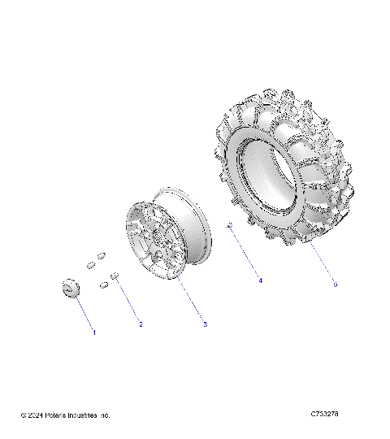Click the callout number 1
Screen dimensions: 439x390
click(x=94, y=332)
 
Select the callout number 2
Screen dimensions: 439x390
click(x=141, y=324)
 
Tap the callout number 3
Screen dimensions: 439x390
click(x=205, y=324)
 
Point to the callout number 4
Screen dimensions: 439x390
click(x=260, y=280)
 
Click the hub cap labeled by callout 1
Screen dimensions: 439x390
click(x=71, y=289)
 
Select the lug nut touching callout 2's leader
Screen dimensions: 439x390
click(x=115, y=278)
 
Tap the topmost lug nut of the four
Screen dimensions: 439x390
click(x=102, y=255)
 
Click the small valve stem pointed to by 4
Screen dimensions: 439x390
click(x=231, y=224)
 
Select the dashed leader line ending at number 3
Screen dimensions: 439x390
click(x=192, y=301)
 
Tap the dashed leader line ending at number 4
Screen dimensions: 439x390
click(x=246, y=254)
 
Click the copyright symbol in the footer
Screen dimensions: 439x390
click(x=24, y=415)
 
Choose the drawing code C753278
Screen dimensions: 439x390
click(x=324, y=415)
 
